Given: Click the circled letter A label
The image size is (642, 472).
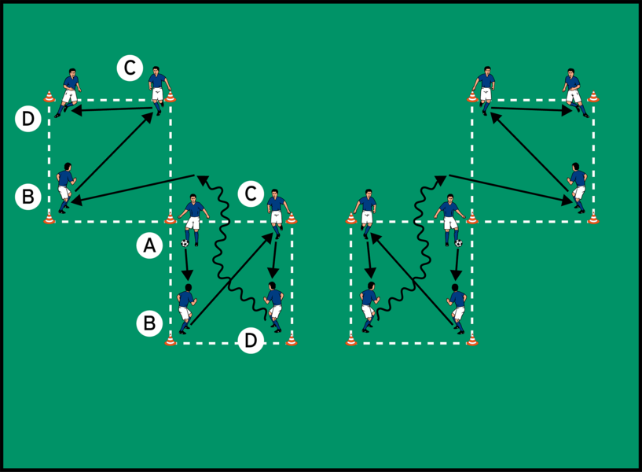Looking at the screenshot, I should point(149,246).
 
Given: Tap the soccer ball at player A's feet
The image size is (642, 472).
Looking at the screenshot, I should point(185,243).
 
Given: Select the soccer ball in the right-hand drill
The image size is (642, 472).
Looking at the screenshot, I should point(458,243).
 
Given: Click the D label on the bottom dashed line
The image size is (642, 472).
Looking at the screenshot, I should point(251,341).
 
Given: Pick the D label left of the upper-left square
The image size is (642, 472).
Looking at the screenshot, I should point(28,120).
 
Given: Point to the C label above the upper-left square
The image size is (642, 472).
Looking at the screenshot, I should point(130,68).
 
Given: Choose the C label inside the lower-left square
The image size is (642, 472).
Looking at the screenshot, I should point(250,194).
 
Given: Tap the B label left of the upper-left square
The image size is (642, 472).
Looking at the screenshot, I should point(28,197).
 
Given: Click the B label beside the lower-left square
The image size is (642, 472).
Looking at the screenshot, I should point(149,322).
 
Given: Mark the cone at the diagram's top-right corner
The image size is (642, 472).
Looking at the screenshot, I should point(593,97).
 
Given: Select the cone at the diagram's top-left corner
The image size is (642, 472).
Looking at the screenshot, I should point(50,97).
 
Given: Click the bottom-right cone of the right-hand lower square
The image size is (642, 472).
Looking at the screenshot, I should point(472,340).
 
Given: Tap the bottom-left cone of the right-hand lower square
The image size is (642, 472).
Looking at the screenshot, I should point(350,340).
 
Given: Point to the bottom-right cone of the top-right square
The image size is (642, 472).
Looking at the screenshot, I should point(593,218).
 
